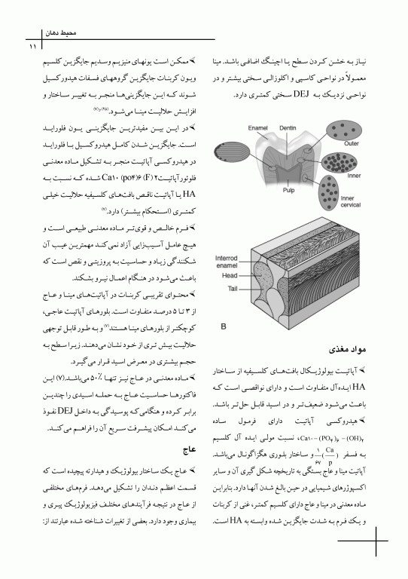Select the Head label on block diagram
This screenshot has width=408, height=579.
[x=225, y=275]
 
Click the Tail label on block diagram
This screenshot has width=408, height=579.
[x=224, y=289]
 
